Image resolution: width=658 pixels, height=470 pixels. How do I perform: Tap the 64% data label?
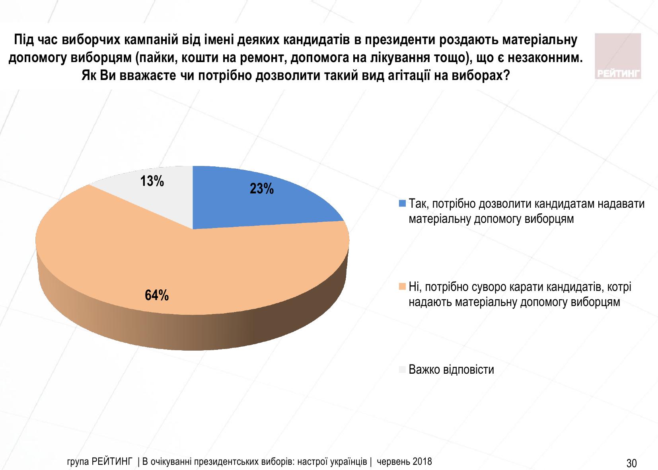[156, 296]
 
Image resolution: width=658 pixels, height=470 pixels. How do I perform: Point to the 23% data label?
[262, 189]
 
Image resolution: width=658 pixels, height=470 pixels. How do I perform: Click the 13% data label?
[152, 181]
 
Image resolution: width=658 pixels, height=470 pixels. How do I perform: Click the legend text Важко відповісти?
[452, 370]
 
